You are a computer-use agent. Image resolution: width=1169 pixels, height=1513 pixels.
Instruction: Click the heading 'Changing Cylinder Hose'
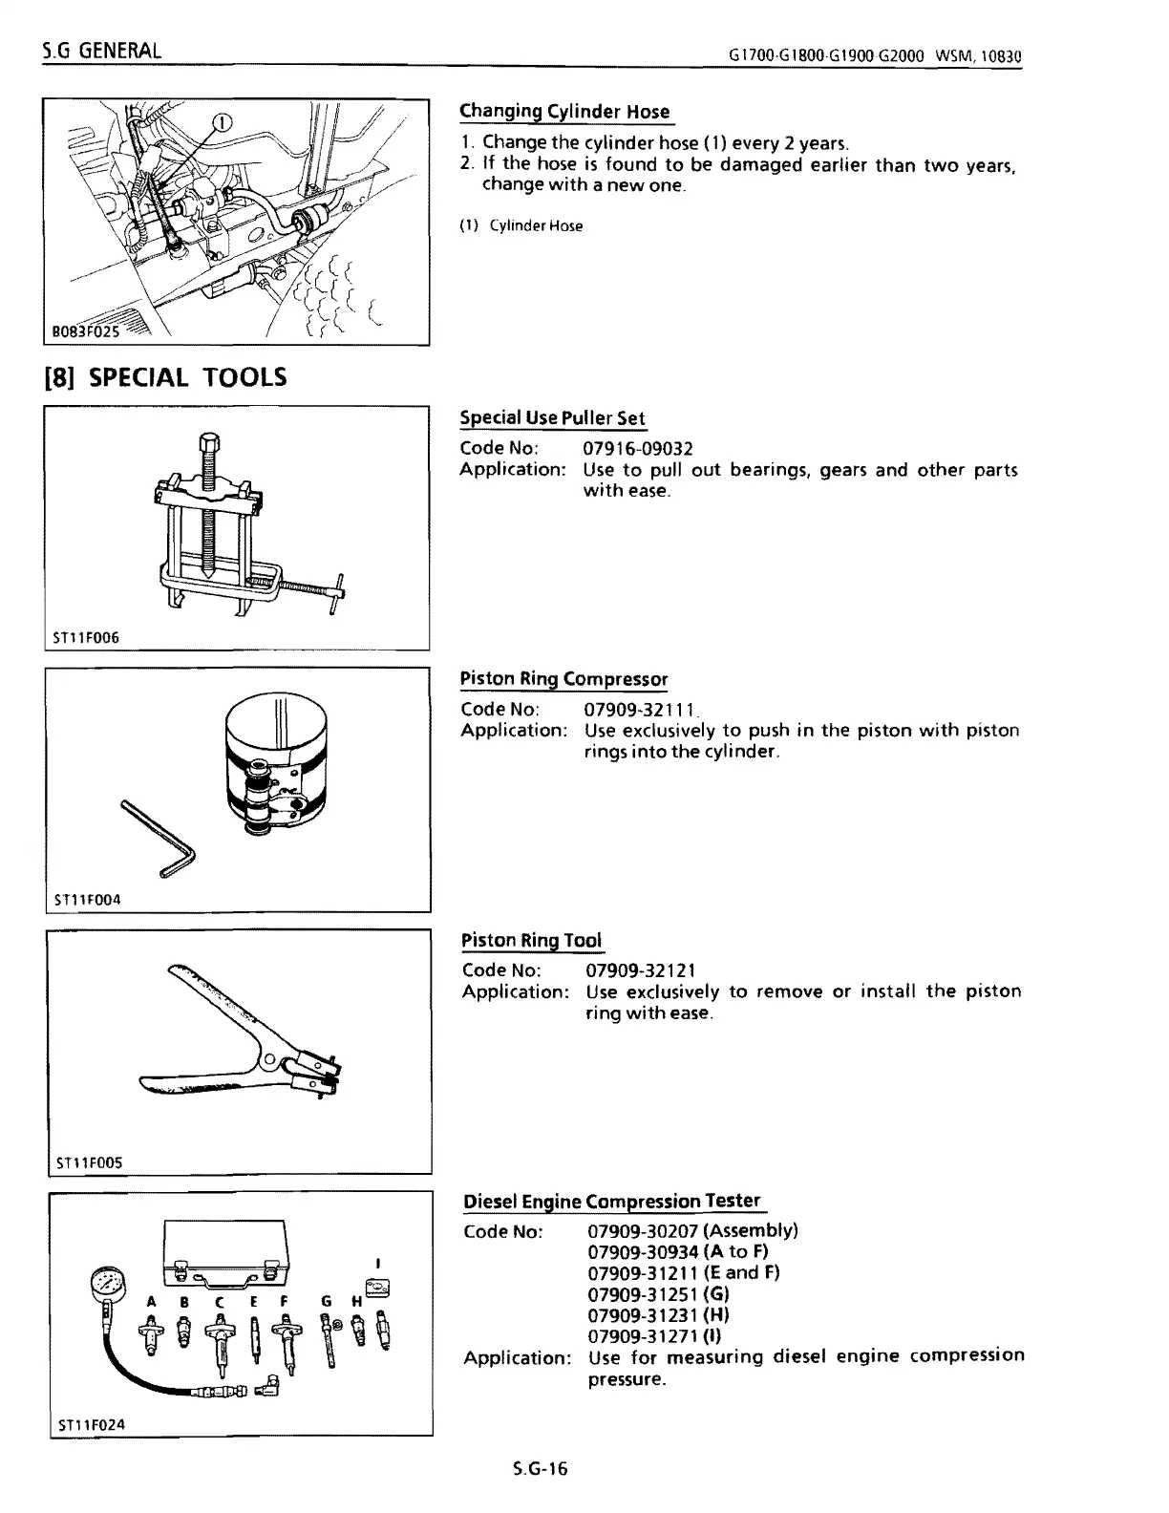(x=564, y=111)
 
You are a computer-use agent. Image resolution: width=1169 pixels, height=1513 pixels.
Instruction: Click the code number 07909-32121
(x=641, y=970)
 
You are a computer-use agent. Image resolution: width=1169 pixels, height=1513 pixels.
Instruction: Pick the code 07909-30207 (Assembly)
(x=692, y=1230)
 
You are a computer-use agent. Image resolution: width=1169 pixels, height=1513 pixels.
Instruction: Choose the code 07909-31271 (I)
(x=654, y=1336)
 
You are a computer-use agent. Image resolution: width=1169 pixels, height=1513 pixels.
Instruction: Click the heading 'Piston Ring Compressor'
(x=563, y=678)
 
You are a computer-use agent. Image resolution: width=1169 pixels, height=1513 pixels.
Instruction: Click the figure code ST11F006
(x=87, y=637)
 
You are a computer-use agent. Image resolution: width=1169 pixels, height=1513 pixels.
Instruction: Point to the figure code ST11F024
(x=91, y=1424)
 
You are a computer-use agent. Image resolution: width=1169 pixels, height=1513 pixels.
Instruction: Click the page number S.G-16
(x=540, y=1469)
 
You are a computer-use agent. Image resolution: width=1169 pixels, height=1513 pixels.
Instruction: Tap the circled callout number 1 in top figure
(x=221, y=122)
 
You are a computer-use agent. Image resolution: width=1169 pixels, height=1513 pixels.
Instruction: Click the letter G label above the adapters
(x=327, y=1301)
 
